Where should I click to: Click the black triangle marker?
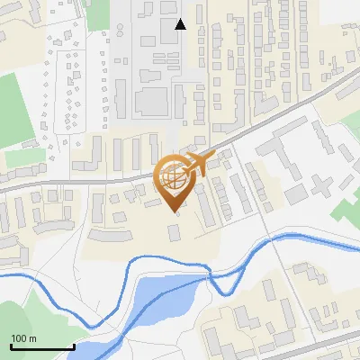point(180,24)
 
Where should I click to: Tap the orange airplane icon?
point(199,165)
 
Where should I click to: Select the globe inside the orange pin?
point(174,176)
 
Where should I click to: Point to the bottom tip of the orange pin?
point(174,211)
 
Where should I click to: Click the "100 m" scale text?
point(23,338)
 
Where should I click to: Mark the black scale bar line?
point(41,346)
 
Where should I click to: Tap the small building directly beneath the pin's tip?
point(174,233)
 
